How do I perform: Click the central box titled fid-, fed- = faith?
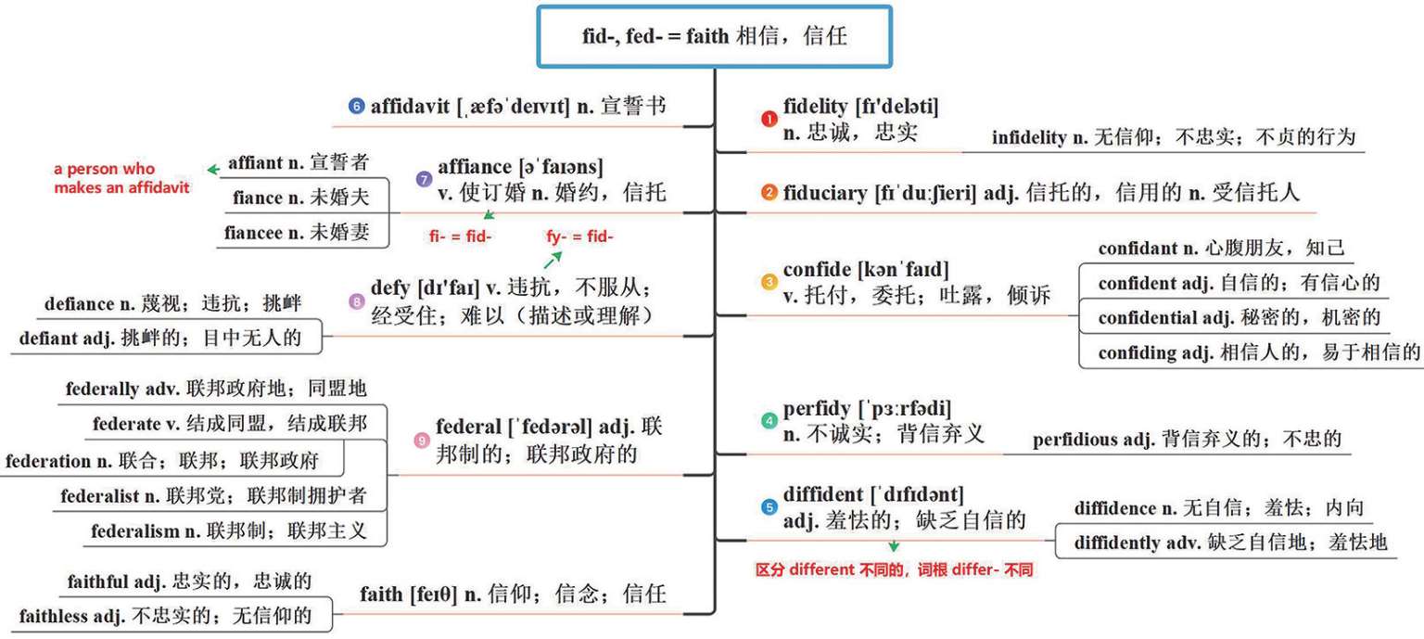coord(714,37)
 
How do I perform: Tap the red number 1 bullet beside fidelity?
coord(769,119)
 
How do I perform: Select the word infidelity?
coord(1029,138)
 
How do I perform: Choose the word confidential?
coord(1151,318)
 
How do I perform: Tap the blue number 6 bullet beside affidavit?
coord(357,106)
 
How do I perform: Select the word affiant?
coord(255,162)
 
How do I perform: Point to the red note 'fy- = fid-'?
coord(579,236)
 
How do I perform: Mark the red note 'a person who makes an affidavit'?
coord(121,178)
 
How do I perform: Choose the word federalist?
coord(100,496)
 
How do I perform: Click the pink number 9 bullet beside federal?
coord(422,441)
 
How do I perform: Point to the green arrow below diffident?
coord(894,546)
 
